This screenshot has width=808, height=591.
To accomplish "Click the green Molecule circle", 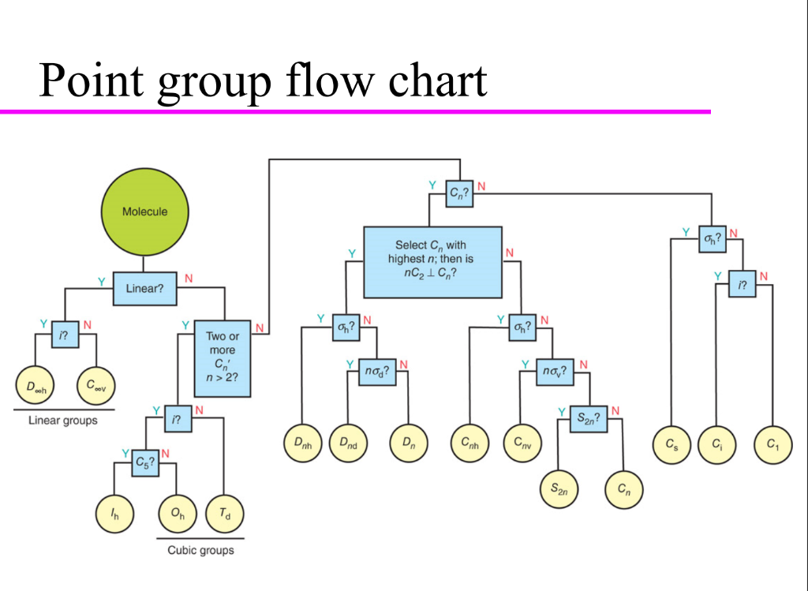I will [144, 211].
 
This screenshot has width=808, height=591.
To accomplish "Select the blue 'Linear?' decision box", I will [144, 288].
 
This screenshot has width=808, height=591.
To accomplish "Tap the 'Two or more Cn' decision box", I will [223, 358].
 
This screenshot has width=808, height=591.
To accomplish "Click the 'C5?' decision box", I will [144, 464].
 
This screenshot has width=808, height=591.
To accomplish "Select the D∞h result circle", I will [36, 387].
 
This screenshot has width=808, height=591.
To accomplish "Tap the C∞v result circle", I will [96, 387].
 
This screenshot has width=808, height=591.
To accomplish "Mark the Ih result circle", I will [115, 514].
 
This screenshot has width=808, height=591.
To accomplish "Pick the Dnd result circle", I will [348, 444].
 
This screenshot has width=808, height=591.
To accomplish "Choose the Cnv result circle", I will [522, 444].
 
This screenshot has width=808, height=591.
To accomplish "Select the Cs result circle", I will [671, 444].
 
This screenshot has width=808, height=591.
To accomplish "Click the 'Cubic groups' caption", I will [200, 550].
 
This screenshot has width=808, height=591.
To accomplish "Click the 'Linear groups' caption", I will [63, 421].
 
